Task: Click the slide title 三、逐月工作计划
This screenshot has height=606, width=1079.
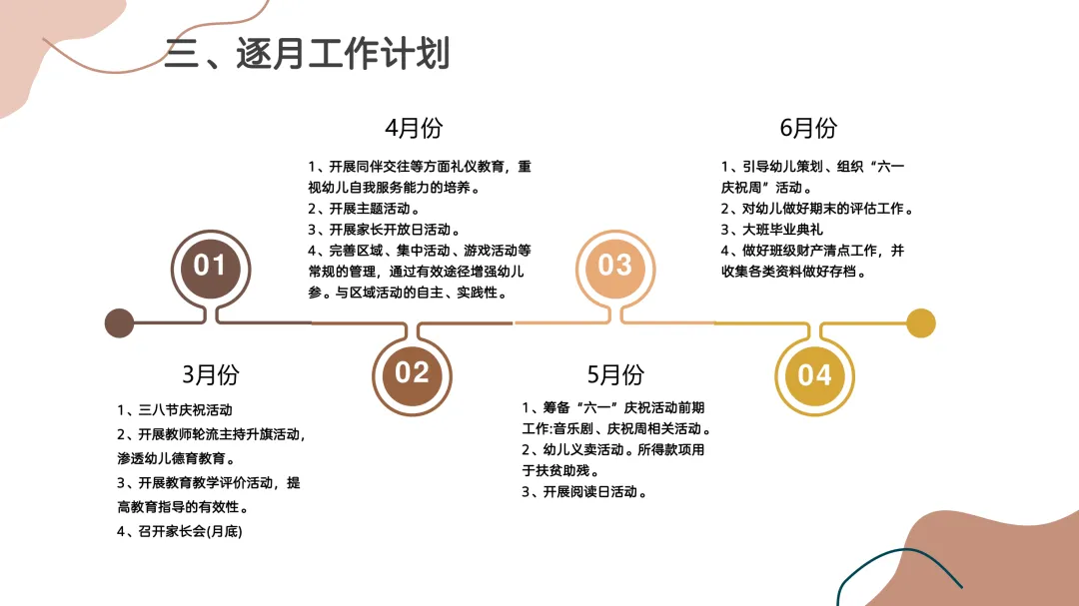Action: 307,53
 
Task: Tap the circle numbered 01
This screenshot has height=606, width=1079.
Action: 210,266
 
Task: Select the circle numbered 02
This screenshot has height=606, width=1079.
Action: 412,372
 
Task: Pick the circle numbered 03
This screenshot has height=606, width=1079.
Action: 614,265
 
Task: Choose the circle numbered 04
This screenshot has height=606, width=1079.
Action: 814,374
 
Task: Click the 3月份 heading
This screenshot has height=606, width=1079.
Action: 211,374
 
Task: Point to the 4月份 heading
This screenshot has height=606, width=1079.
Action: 414,128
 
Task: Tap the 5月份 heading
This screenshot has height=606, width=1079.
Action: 615,374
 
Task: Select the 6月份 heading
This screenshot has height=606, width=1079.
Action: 808,128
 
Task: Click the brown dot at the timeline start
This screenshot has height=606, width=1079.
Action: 119,323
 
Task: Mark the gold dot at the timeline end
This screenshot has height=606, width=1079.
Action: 920,323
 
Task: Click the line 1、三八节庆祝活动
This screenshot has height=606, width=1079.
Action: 175,409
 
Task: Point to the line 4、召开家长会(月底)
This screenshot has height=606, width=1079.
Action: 180,531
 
